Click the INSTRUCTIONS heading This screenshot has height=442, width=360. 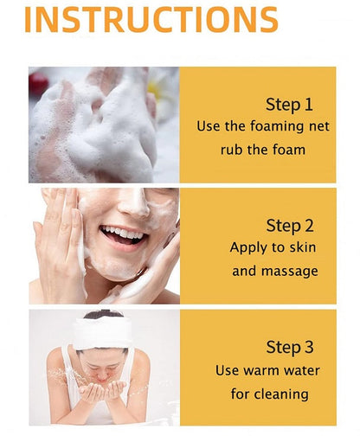click(151, 19)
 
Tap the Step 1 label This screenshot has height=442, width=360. click(289, 105)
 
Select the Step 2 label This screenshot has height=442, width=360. click(290, 226)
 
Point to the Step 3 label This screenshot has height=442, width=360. click(290, 347)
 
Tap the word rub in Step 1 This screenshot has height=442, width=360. click(231, 150)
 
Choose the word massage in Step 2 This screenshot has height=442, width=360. click(290, 272)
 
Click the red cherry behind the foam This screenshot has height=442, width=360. click(38, 83)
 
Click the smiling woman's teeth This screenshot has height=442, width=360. click(123, 232)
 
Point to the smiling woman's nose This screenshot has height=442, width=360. click(133, 203)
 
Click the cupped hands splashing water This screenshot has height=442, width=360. click(101, 390)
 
